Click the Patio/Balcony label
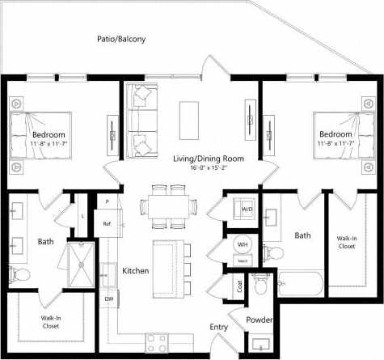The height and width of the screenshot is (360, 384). (x=120, y=38)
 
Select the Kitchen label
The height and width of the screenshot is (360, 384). (x=135, y=270)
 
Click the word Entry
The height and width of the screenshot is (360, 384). (x=219, y=327)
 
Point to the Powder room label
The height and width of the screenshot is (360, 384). (x=259, y=320)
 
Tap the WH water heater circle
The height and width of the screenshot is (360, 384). (x=243, y=244)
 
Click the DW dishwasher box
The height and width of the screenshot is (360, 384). (x=108, y=299)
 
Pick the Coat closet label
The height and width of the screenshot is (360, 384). (x=240, y=286)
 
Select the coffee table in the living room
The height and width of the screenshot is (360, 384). (x=189, y=111)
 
